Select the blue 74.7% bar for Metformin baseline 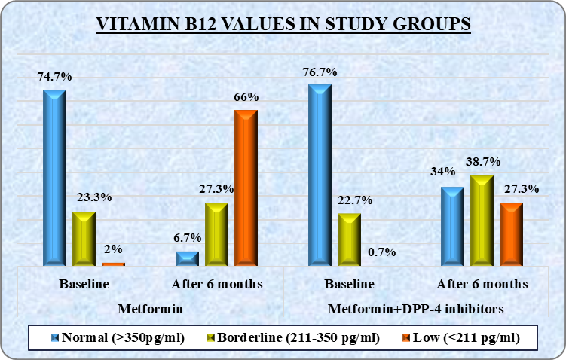(54, 177)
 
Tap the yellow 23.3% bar (84, 238)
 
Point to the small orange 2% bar (113, 264)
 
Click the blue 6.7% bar (187, 258)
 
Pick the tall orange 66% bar (246, 188)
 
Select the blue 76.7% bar (320, 175)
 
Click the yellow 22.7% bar (349, 239)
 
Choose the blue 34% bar (452, 226)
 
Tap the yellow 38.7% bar (482, 220)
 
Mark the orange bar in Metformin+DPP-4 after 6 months (511, 233)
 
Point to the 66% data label (246, 97)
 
